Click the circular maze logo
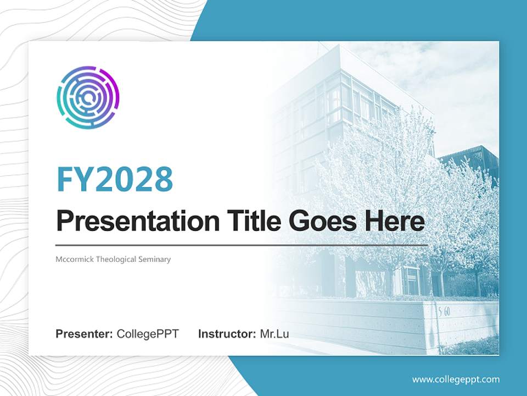[88, 97]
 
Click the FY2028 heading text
[115, 179]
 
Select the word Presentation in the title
[138, 221]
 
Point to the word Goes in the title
[323, 221]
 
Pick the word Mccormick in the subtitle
[75, 259]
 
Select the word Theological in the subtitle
[116, 260]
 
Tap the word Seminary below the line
[155, 260]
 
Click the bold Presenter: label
[84, 334]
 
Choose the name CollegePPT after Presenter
[148, 334]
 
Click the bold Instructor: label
[227, 334]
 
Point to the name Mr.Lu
[274, 334]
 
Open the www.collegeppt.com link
[456, 380]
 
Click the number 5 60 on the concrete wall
[444, 312]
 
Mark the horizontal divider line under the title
[242, 245]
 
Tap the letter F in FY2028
[65, 180]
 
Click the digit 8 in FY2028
[164, 179]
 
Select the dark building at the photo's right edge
[470, 162]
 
